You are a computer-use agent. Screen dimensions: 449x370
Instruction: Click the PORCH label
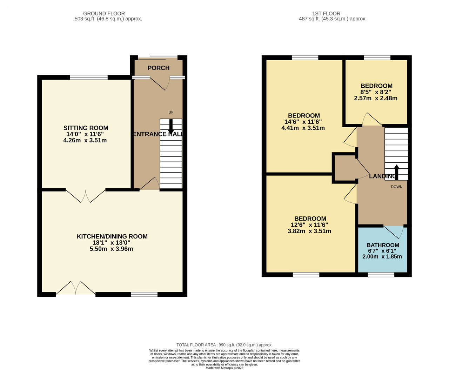point(159,68)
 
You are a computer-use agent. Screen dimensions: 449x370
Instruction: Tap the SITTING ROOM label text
point(86,128)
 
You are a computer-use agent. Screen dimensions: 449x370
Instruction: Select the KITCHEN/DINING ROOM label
point(112,236)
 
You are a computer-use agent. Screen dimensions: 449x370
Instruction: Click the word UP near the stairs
point(171,112)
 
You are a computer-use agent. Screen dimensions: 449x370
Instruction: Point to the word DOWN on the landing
point(396,187)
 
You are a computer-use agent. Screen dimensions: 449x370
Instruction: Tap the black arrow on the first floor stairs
point(396,172)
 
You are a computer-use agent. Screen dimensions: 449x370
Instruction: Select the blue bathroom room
point(383,249)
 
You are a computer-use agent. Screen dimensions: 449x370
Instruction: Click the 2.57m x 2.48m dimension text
point(376,98)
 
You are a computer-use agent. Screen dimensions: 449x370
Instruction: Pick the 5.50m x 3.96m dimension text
point(112,249)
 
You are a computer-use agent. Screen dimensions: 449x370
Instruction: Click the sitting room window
point(89,78)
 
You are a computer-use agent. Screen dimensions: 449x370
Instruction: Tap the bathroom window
point(381,275)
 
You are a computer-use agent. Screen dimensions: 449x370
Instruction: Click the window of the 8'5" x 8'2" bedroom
point(377,58)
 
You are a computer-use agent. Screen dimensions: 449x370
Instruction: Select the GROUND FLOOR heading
point(104,14)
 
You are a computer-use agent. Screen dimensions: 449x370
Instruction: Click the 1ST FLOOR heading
point(326,14)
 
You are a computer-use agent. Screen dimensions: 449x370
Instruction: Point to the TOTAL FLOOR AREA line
point(224,345)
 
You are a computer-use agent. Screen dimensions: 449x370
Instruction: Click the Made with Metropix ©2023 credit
point(224,368)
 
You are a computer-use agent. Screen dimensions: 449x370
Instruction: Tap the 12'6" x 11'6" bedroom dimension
point(309,225)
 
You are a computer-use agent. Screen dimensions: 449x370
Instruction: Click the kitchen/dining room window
point(144,295)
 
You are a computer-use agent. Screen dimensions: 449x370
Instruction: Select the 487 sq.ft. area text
point(333,19)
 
